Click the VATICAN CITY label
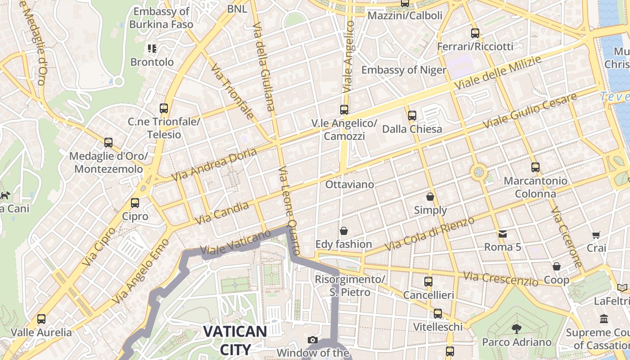pyautogui.click(x=235, y=340)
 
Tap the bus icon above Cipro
pyautogui.click(x=135, y=203)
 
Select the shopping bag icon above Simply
pyautogui.click(x=430, y=197)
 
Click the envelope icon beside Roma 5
pyautogui.click(x=502, y=234)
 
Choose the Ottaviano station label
pyautogui.click(x=350, y=184)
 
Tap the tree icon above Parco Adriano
pyautogui.click(x=517, y=329)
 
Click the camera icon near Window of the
pyautogui.click(x=312, y=340)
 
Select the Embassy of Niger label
pyautogui.click(x=404, y=70)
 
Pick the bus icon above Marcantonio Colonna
pyautogui.click(x=535, y=167)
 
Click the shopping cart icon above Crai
pyautogui.click(x=596, y=234)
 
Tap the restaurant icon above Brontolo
pyautogui.click(x=152, y=48)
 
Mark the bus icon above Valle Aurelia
pyautogui.click(x=41, y=319)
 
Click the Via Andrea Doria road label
pyautogui.click(x=214, y=164)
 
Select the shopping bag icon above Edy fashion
pyautogui.click(x=344, y=231)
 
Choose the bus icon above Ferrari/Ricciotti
pyautogui.click(x=475, y=33)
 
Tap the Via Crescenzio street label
pyautogui.click(x=500, y=279)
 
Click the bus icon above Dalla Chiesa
pyautogui.click(x=412, y=116)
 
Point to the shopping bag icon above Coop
pyautogui.click(x=557, y=266)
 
